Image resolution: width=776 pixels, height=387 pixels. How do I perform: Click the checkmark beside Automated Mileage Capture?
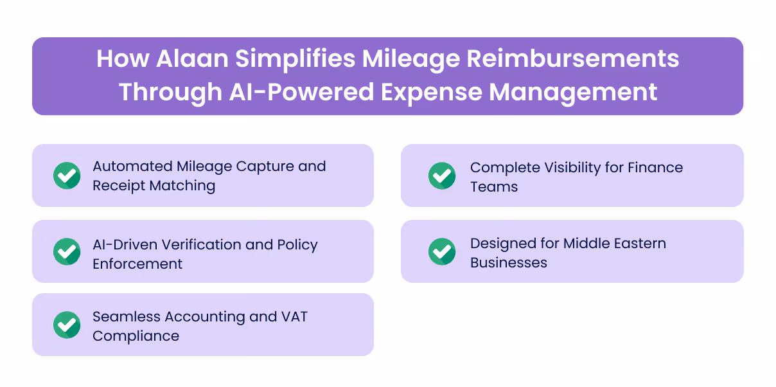tap(67, 175)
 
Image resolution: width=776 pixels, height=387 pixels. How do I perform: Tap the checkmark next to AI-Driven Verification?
tap(67, 251)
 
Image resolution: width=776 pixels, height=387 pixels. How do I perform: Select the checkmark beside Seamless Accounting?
tap(67, 325)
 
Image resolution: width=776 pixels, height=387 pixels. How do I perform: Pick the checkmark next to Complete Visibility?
tap(442, 175)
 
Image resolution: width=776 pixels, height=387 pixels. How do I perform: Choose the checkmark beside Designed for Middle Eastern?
tap(442, 251)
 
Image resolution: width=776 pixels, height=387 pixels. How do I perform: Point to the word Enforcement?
tap(137, 264)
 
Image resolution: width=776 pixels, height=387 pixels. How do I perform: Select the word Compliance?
tap(136, 336)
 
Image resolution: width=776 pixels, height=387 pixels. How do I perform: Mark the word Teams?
tap(493, 187)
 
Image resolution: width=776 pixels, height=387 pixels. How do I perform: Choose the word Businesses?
tap(508, 263)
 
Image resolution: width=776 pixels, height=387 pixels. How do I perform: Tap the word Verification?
tap(192, 245)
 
